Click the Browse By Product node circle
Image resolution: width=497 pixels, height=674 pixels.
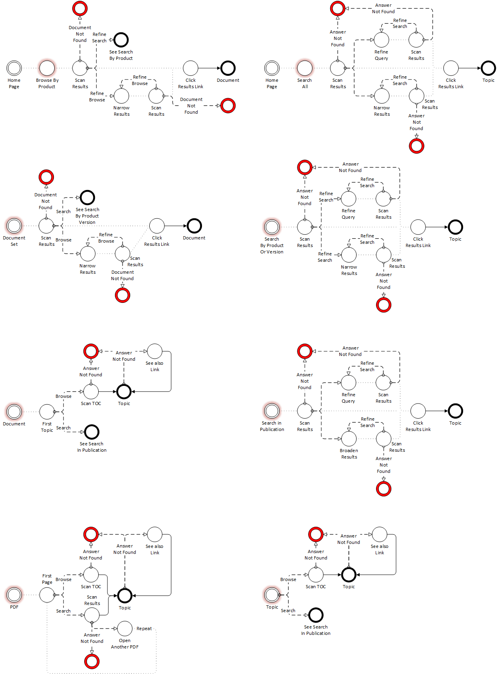pyautogui.click(x=47, y=68)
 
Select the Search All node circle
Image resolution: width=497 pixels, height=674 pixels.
pyautogui.click(x=305, y=68)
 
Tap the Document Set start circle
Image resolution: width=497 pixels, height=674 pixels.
pyautogui.click(x=14, y=226)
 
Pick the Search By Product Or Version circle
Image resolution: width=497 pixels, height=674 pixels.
pyautogui.click(x=272, y=227)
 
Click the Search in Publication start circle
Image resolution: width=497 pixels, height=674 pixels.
pyautogui.click(x=272, y=411)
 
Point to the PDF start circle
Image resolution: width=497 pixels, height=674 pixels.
pyautogui.click(x=14, y=595)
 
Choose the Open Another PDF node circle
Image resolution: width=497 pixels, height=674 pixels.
pyautogui.click(x=125, y=629)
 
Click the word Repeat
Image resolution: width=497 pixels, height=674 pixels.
pyautogui.click(x=144, y=629)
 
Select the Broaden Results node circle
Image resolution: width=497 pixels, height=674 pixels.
pyautogui.click(x=349, y=439)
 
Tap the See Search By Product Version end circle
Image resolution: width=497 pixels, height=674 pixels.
pyautogui.click(x=87, y=198)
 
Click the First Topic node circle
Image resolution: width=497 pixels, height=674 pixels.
pyautogui.click(x=47, y=412)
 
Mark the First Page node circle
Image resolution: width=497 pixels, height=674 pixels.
pyautogui.click(x=47, y=595)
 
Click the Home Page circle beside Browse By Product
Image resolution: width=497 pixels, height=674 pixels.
pyautogui.click(x=14, y=68)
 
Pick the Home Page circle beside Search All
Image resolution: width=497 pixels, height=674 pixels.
pyautogui.click(x=272, y=68)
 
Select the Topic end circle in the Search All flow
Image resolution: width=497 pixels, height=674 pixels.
pyautogui.click(x=488, y=68)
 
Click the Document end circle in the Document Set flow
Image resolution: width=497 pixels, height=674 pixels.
pyautogui.click(x=194, y=226)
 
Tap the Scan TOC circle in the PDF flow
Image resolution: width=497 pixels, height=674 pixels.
pyautogui.click(x=91, y=575)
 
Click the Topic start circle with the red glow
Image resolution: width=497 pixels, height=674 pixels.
pyautogui.click(x=272, y=595)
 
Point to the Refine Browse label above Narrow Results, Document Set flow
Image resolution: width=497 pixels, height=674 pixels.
pyautogui.click(x=106, y=238)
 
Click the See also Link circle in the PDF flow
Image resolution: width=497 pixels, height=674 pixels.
pyautogui.click(x=155, y=534)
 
